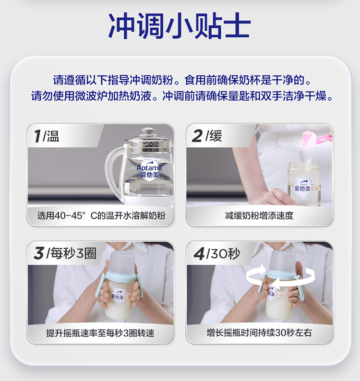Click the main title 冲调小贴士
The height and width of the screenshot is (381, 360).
click(180, 25)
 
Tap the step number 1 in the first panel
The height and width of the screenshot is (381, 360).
click(37, 136)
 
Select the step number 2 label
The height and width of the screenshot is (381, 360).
click(197, 136)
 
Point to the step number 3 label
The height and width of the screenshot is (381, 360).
click(39, 253)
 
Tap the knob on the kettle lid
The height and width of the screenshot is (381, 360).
click(148, 131)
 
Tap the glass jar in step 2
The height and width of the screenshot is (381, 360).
click(304, 184)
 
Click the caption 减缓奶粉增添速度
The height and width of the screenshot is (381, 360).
click(259, 215)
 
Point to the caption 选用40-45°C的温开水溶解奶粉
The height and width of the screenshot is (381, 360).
click(101, 215)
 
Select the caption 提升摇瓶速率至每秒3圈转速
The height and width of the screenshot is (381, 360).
click(100, 333)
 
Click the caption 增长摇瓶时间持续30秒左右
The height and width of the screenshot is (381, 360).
click(259, 333)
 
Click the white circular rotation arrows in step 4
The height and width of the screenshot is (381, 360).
click(280, 276)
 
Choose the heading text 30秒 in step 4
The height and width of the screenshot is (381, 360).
click(225, 254)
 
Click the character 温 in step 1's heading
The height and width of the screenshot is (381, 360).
click(53, 136)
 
